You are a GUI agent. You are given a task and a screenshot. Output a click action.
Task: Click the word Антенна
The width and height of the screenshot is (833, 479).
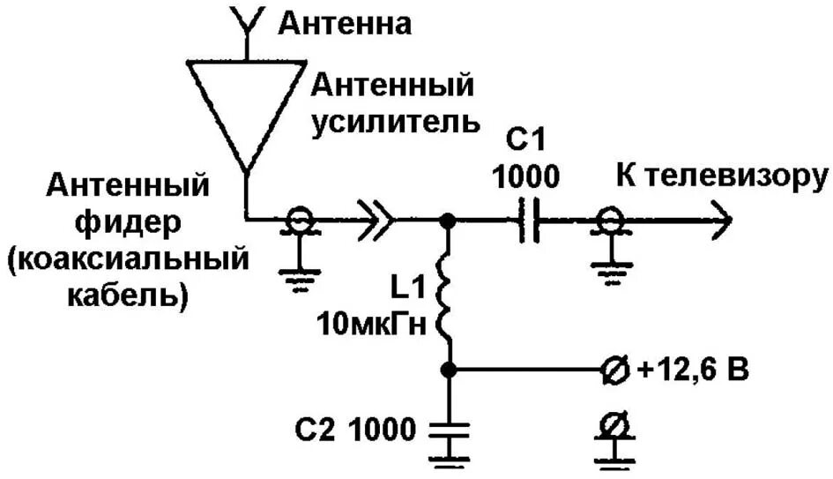click(x=345, y=24)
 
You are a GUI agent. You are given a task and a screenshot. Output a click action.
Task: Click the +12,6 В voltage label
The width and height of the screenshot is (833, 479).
click(x=692, y=371)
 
